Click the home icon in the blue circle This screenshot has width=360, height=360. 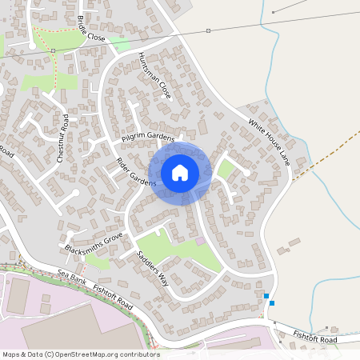[180, 172]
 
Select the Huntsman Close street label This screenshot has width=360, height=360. [154, 73]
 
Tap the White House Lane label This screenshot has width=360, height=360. [269, 143]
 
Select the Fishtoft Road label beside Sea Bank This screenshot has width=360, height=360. [113, 291]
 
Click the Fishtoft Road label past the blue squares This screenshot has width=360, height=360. [315, 338]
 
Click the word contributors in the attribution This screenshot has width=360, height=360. [138, 354]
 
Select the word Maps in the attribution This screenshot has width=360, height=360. [11, 354]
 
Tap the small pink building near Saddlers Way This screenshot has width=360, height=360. [200, 241]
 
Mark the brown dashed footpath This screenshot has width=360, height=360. [320, 161]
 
